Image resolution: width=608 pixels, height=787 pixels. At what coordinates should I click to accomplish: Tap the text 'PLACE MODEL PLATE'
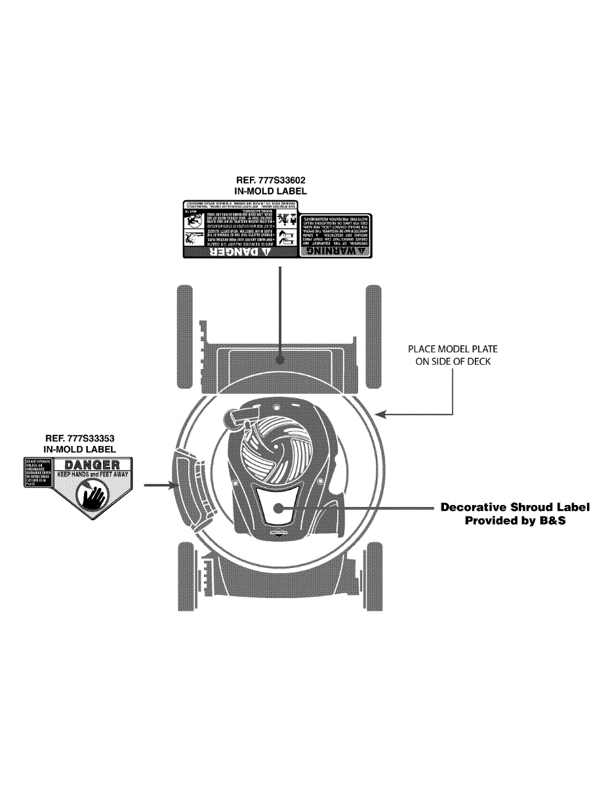pos(448,350)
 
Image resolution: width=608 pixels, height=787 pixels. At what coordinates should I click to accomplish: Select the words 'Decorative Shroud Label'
pos(515,507)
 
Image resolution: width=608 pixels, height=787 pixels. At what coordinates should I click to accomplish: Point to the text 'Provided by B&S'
pos(515,521)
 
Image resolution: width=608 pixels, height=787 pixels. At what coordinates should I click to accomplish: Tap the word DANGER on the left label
pos(92,464)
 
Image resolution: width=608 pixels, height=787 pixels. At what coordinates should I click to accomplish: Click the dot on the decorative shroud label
pos(278,507)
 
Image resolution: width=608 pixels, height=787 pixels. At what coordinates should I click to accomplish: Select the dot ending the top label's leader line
pos(281,359)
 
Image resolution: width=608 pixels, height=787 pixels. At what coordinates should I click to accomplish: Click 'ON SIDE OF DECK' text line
pos(453,362)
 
